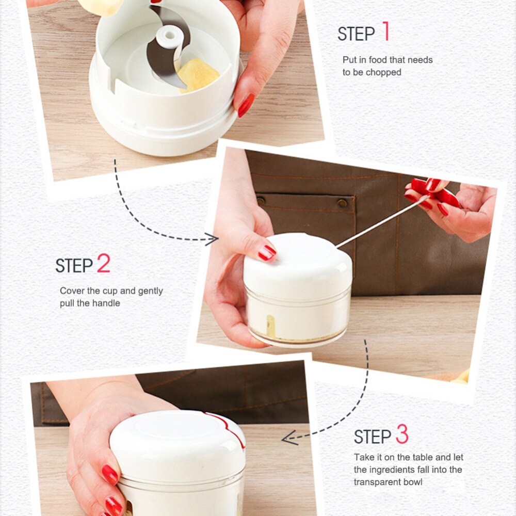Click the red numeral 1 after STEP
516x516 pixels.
coord(385,32)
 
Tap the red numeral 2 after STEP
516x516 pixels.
coord(103,264)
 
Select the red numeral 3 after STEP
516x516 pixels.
coord(402,435)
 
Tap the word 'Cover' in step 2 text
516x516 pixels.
coord(72,291)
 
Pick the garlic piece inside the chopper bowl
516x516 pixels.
coord(198,75)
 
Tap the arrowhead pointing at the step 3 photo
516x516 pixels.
coord(289,439)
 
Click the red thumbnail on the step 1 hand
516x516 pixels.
coord(246,105)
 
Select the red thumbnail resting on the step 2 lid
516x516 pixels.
coord(267,252)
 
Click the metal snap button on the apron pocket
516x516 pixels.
coord(342,203)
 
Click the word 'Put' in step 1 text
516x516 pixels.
coord(349,60)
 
